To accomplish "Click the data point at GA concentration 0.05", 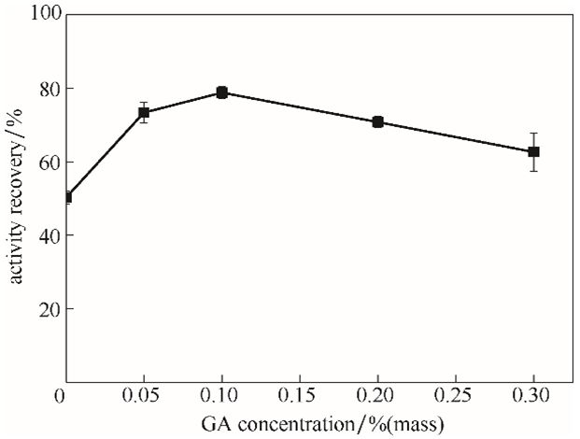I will point(144,113).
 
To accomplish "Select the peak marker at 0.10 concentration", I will point(222,92).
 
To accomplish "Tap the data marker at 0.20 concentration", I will point(377,122).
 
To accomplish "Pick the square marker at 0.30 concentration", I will point(533,151).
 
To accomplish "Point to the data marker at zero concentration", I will point(66,197).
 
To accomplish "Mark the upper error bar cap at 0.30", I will point(533,134).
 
